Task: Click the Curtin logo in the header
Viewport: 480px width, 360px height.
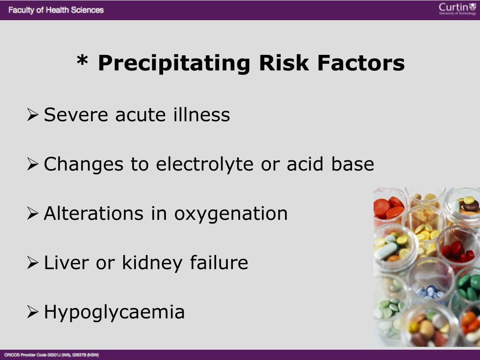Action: pos(457,9)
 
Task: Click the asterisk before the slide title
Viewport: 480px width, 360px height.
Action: pos(82,60)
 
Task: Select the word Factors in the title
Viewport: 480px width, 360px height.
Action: pos(361,63)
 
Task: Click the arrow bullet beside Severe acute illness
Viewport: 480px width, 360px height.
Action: pos(32,114)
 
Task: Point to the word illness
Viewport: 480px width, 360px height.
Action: pos(202,114)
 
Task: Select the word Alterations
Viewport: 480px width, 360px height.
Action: pos(94,213)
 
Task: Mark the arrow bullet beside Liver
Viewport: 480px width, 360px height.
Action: pos(32,262)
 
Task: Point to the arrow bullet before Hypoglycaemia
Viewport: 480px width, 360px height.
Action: pos(32,312)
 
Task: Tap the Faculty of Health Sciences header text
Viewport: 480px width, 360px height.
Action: pos(56,10)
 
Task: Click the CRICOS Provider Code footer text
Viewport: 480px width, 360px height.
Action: pos(52,355)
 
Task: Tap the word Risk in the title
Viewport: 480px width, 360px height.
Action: pos(284,63)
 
